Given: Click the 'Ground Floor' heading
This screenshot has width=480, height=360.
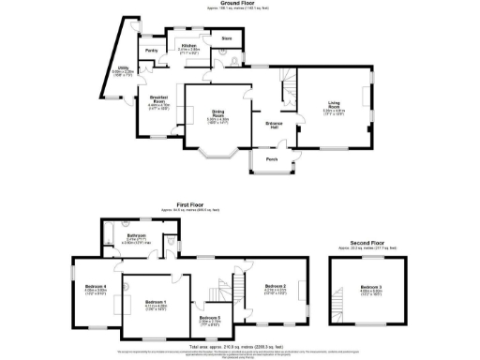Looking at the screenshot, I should (x=240, y=4).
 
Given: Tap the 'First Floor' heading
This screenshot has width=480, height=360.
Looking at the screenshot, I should (x=193, y=202).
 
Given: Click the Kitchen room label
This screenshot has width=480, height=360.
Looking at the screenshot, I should (x=188, y=46).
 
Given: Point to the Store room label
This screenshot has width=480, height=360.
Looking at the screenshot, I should (x=225, y=39).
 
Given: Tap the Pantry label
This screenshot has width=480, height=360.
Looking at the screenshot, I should (x=151, y=51).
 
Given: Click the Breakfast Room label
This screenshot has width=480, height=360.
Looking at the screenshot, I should (x=157, y=104).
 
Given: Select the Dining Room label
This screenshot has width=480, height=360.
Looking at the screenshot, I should (x=217, y=117).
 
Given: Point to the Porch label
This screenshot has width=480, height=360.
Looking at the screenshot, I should (x=272, y=159).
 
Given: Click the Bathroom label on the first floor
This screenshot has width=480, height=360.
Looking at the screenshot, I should (x=136, y=236).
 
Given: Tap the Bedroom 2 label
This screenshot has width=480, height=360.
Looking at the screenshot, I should (x=275, y=287).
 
